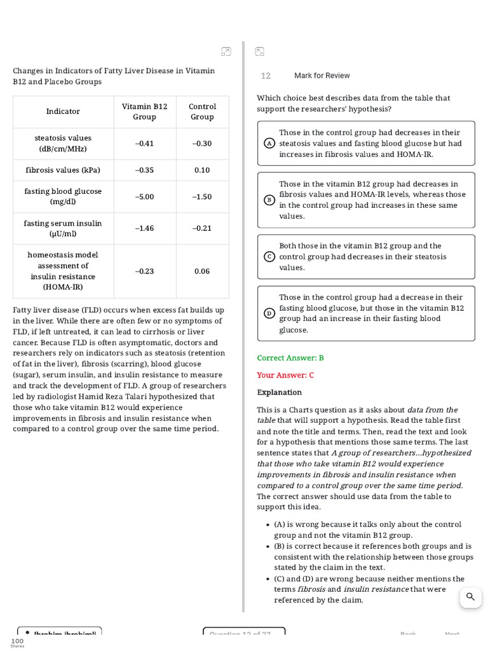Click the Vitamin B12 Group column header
(x=145, y=111)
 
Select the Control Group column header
(x=202, y=111)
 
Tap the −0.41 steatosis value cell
(x=145, y=143)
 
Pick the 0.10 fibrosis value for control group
(x=202, y=170)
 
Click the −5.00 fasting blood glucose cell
(x=145, y=196)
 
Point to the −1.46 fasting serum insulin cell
(x=145, y=228)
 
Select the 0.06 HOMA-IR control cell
(x=202, y=271)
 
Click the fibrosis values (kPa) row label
(x=63, y=170)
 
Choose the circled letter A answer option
(x=269, y=144)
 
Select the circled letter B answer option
(x=269, y=200)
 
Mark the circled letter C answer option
(x=269, y=257)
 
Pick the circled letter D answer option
(x=269, y=313)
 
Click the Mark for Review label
(x=322, y=76)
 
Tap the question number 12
(x=266, y=76)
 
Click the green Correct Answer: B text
(x=290, y=358)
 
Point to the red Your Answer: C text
(x=285, y=375)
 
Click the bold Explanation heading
(x=280, y=392)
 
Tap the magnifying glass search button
(x=470, y=597)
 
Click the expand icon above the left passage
(x=226, y=51)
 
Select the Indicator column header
(x=63, y=111)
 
